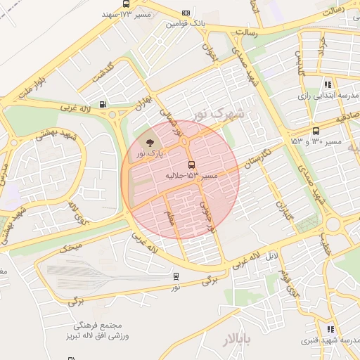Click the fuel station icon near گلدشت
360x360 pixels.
pyautogui.click(x=103, y=104)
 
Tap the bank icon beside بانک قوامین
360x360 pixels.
pyautogui.click(x=186, y=13)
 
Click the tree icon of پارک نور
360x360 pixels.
pyautogui.click(x=148, y=142)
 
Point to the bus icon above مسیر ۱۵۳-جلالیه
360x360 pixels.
pyautogui.click(x=192, y=165)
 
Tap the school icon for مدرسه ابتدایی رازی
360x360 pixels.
pyautogui.click(x=328, y=84)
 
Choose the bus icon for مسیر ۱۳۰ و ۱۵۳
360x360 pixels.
pyautogui.click(x=315, y=131)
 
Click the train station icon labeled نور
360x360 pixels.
pyautogui.click(x=175, y=276)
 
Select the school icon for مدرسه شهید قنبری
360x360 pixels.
pyautogui.click(x=330, y=328)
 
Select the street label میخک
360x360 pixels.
pyautogui.click(x=70, y=247)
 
